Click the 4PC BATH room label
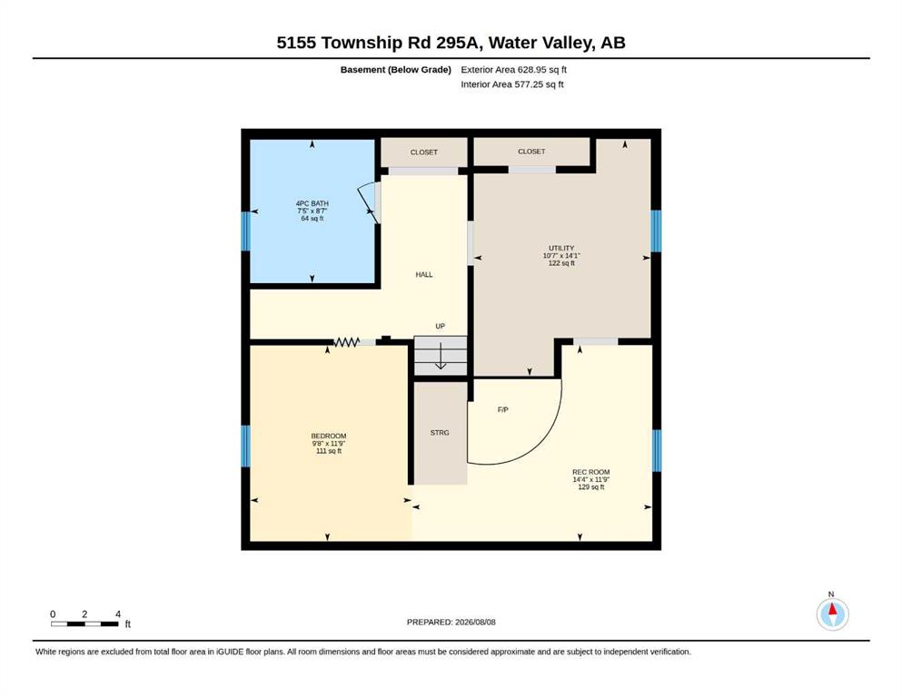[x=312, y=203]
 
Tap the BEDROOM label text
[x=329, y=437]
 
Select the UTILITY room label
[x=561, y=249]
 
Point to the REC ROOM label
[x=590, y=472]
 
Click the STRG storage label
[x=440, y=433]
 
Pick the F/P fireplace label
[x=502, y=409]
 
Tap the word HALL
[x=424, y=275]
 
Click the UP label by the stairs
[x=440, y=327]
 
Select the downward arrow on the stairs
[x=441, y=356]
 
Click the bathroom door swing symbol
[x=369, y=202]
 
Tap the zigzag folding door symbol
[x=346, y=342]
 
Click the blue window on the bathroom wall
[x=245, y=231]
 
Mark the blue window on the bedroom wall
[x=245, y=446]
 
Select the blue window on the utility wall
[x=656, y=231]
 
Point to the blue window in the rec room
[x=657, y=450]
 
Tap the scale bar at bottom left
[x=84, y=623]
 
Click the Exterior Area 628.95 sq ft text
[x=514, y=70]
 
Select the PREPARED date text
[x=451, y=622]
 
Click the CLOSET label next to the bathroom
[x=424, y=152]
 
